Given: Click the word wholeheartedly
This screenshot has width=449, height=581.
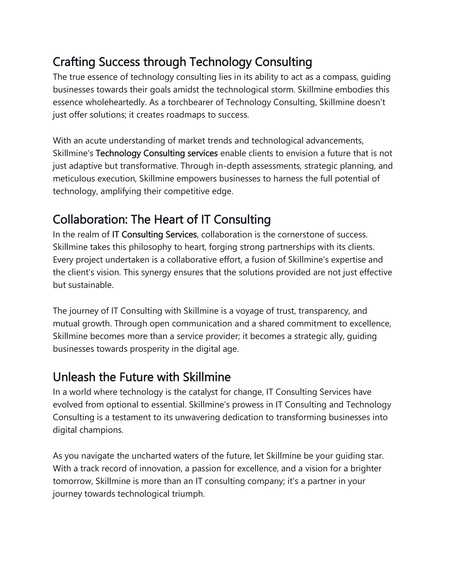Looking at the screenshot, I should point(116,102).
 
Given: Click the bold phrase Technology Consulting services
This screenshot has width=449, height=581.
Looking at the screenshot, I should point(157,153).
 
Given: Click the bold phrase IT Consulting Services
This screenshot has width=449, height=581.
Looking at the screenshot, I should point(154,235).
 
